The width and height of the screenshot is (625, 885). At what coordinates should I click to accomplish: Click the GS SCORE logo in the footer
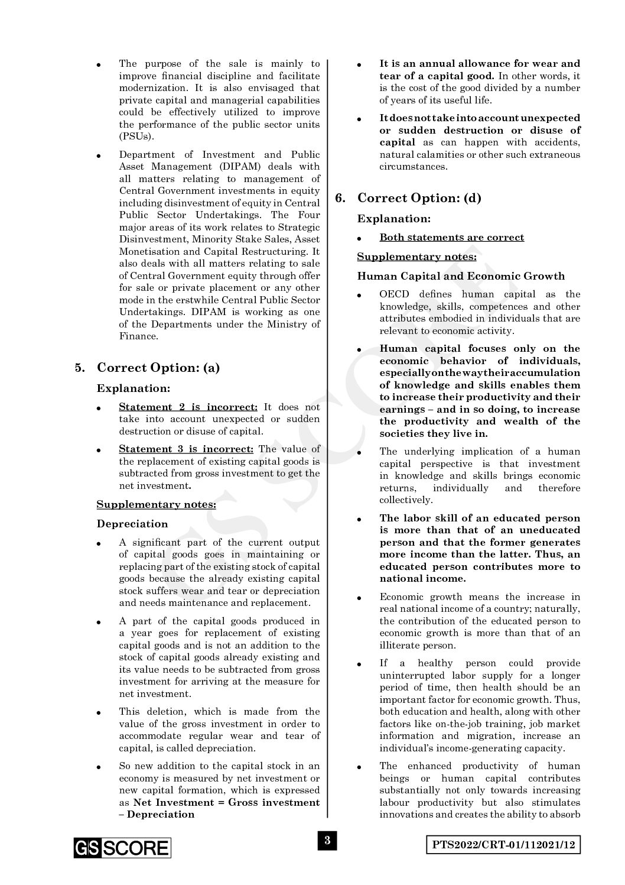pos(122,848)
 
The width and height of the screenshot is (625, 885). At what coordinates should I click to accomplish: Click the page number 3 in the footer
pos(327,841)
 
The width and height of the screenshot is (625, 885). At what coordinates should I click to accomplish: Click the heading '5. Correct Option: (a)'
pos(148,368)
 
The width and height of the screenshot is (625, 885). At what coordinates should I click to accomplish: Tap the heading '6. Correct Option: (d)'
pos(408,198)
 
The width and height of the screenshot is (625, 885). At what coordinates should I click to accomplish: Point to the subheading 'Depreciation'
pos(132,524)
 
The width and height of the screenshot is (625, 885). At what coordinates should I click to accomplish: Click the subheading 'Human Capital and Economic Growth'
pos(461,276)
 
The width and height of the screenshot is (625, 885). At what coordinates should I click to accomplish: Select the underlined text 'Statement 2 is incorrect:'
pos(188,407)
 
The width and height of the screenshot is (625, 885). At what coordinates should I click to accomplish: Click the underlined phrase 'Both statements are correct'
pos(451,238)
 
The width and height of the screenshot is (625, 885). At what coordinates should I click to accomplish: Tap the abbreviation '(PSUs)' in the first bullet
pos(136,137)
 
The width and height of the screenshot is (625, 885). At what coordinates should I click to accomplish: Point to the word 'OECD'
pos(394,294)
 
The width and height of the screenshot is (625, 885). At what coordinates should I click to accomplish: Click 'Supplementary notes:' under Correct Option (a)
pos(156,504)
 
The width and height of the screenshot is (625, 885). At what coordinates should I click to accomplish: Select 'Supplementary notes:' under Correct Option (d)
pos(416,257)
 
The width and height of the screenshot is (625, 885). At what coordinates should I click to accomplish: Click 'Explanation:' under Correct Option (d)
pos(393,219)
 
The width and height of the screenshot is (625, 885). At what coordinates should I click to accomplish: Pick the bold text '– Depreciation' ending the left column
pos(157,814)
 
